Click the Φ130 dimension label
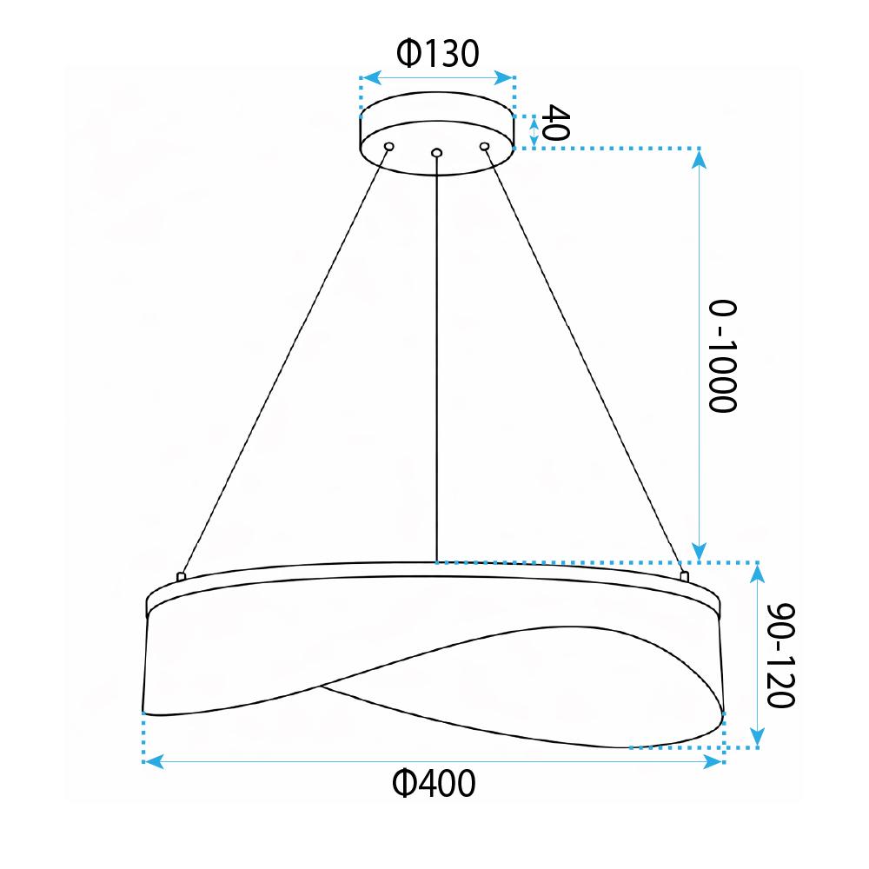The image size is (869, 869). pos(437,54)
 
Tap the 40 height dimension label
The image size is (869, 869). pos(554,124)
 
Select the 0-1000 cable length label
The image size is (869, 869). pos(722,356)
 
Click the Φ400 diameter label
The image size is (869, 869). pos(434,785)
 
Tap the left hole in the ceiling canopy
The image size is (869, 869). pos(389,146)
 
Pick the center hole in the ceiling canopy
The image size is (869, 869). pos(436,154)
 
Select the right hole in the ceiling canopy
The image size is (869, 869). pos(485,146)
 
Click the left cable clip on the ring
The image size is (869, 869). pos(181,575)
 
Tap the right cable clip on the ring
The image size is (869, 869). pos(684,575)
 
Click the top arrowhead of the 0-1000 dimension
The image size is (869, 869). pos(700,157)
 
